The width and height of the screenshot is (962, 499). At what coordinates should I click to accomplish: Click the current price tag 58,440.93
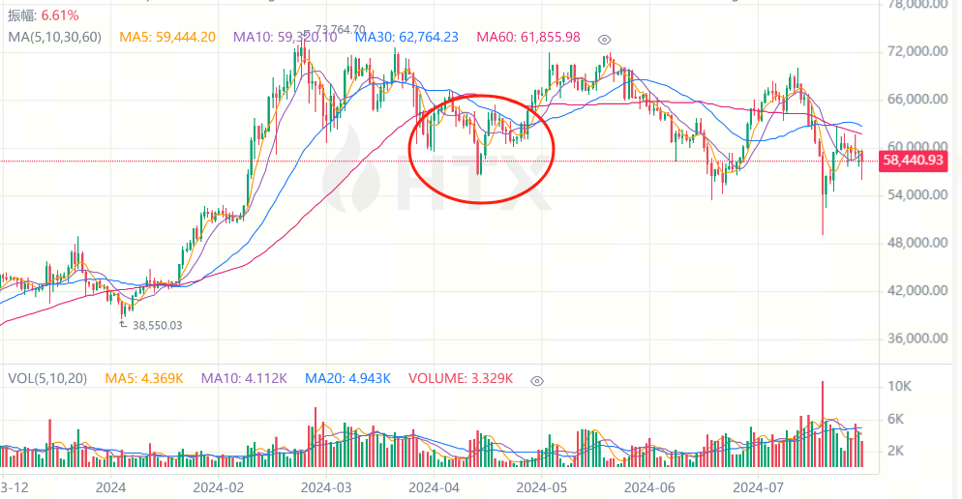click(x=912, y=161)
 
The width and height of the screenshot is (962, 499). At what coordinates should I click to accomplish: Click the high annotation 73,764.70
click(x=333, y=29)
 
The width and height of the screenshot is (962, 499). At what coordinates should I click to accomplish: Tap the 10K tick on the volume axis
click(x=899, y=386)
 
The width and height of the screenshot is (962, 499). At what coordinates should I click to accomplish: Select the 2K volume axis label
click(x=896, y=451)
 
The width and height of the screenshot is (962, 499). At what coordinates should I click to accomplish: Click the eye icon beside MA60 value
click(x=605, y=39)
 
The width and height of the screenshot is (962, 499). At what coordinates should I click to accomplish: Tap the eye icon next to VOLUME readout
click(x=538, y=381)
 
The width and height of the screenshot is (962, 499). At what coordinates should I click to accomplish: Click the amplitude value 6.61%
click(x=59, y=15)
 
